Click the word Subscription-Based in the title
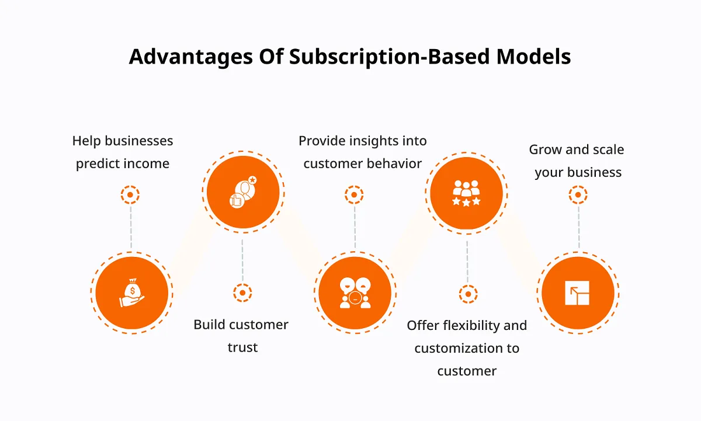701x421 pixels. click(389, 57)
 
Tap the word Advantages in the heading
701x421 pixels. click(191, 57)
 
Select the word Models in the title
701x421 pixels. click(533, 57)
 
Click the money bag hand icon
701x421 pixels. click(132, 293)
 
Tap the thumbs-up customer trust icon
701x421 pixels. click(243, 192)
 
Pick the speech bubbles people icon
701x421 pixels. click(355, 293)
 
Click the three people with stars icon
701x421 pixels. click(466, 193)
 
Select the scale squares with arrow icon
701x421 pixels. click(577, 293)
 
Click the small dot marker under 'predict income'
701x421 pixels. click(130, 195)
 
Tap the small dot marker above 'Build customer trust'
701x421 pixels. click(242, 293)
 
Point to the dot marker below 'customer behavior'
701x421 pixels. click(354, 195)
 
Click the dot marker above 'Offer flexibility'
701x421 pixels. click(468, 294)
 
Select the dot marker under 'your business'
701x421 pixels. click(578, 195)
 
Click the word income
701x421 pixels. click(149, 163)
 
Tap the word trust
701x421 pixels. click(242, 347)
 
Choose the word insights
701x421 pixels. click(372, 141)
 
